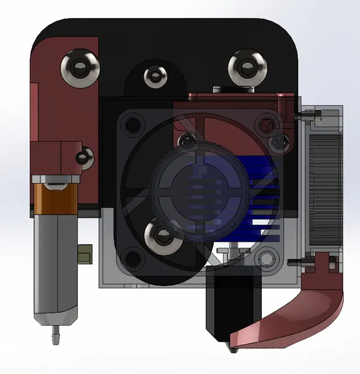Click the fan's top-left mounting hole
pos(129,126)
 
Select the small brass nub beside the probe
pos(86,252)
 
